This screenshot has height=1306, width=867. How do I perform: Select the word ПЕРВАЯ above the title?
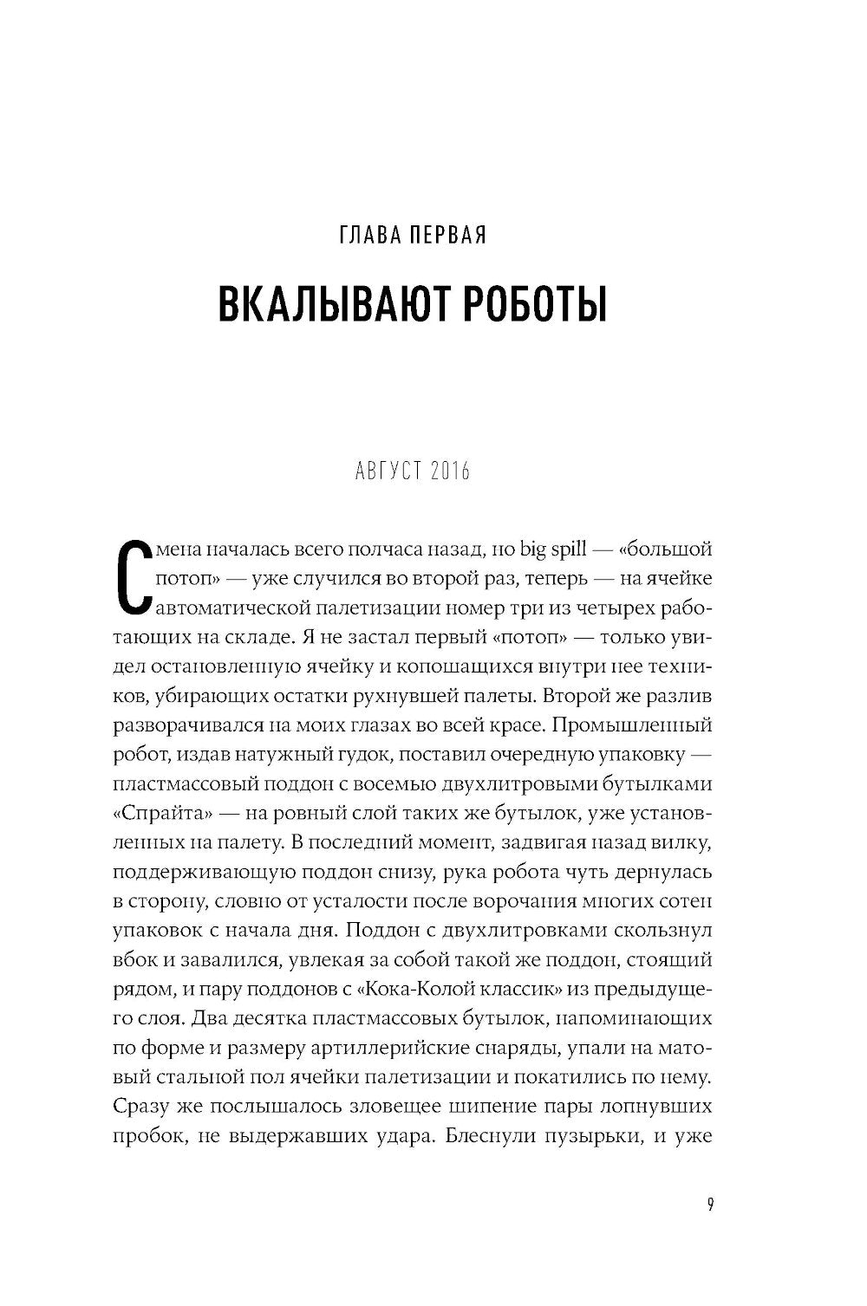click(x=447, y=236)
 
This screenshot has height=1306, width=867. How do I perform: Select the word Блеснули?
click(x=481, y=1137)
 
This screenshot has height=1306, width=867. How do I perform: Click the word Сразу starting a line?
click(x=139, y=1108)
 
